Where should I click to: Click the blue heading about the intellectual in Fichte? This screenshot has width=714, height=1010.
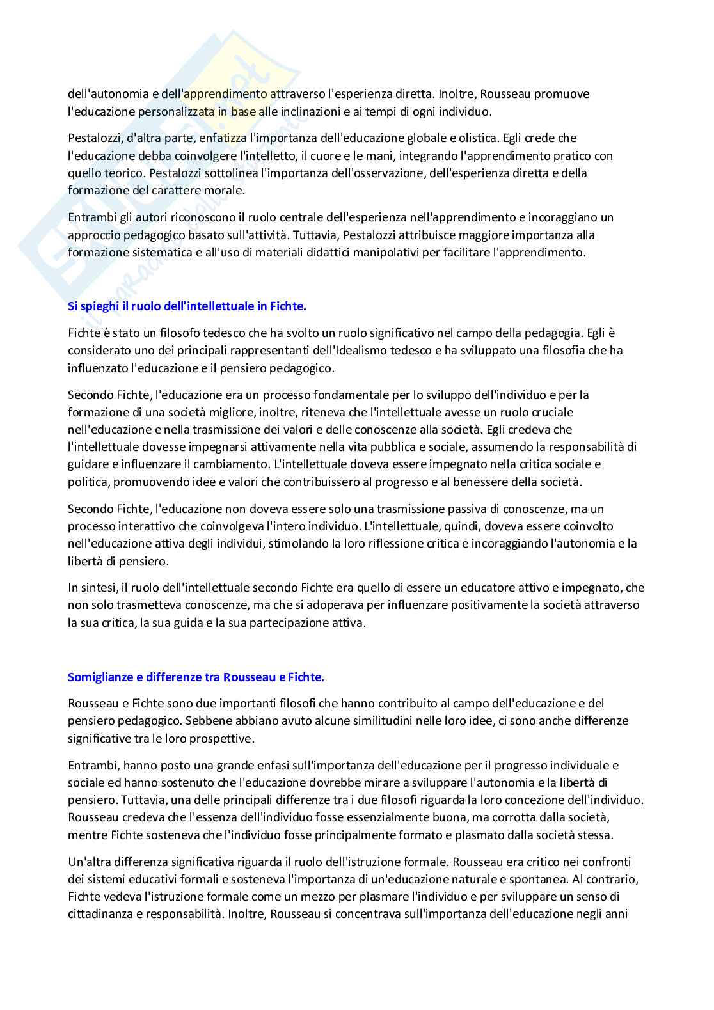(187, 306)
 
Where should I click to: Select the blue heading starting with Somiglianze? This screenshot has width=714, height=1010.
(196, 677)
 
